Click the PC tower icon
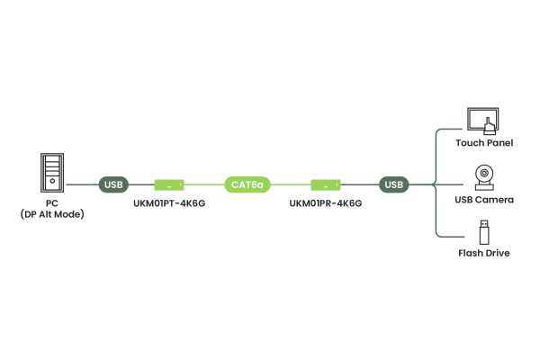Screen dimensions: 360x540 click(52, 172)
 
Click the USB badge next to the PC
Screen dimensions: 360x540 click(113, 184)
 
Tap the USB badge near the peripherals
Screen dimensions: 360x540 click(393, 184)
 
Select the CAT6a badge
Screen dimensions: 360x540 click(247, 184)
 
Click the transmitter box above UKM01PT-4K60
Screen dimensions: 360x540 click(169, 184)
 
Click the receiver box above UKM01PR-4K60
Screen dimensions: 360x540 click(325, 184)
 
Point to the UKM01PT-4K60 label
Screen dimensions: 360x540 click(169, 203)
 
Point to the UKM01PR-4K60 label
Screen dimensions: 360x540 click(325, 203)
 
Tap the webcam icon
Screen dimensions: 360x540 click(483, 175)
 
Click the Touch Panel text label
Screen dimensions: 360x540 click(483, 143)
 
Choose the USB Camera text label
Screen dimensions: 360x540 click(483, 199)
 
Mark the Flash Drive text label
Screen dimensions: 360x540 click(483, 253)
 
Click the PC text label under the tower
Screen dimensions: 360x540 click(52, 202)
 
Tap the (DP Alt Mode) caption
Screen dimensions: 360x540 click(52, 213)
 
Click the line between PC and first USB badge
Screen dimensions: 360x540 click(83, 184)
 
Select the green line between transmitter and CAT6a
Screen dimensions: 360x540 click(205, 184)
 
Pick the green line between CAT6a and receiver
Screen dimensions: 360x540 click(290, 184)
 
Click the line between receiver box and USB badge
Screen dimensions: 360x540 click(359, 184)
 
